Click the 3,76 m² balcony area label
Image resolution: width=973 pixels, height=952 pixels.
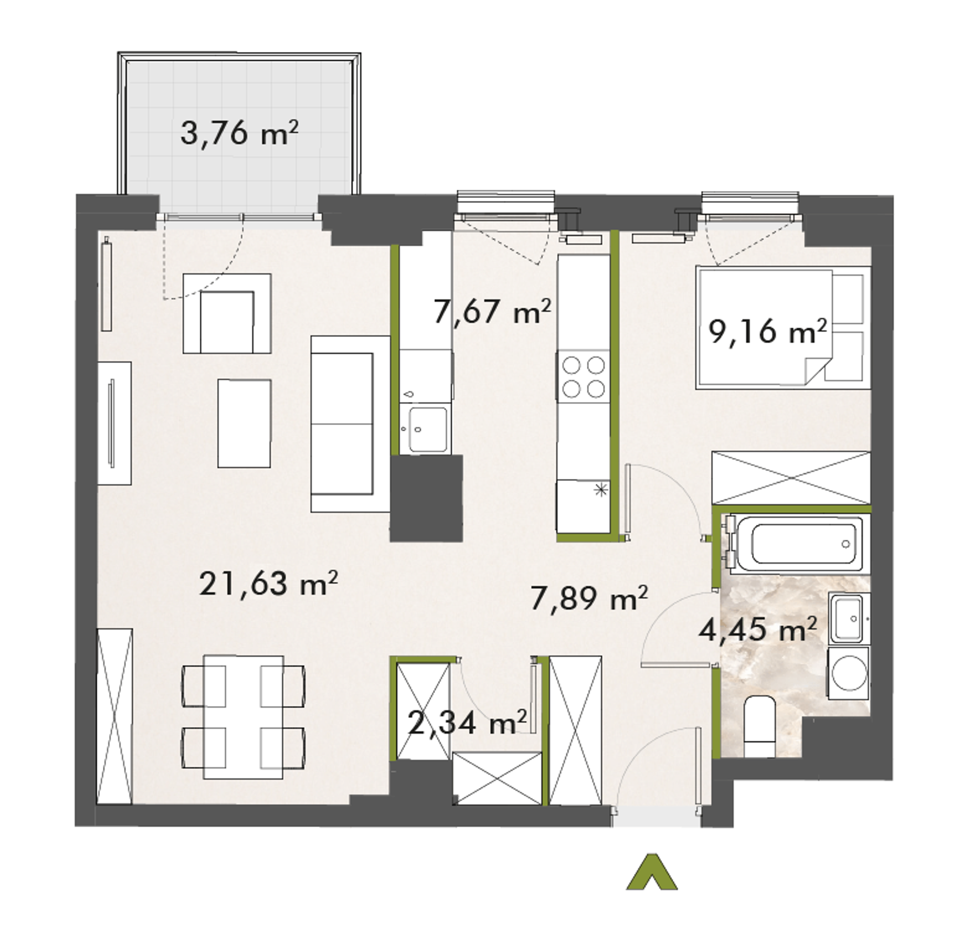[x=239, y=134]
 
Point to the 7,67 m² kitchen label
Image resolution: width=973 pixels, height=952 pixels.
[x=492, y=311]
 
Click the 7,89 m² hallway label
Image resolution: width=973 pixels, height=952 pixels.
[x=589, y=598]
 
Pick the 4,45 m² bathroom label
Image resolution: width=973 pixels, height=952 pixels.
[x=757, y=629]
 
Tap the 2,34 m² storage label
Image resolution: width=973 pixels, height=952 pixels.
[x=467, y=723]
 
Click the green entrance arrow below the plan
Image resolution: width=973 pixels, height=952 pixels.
[x=651, y=871]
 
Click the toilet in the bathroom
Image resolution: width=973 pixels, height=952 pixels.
[x=759, y=726]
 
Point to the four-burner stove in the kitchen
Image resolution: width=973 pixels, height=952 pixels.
[x=583, y=377]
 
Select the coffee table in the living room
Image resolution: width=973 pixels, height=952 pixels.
[x=244, y=424]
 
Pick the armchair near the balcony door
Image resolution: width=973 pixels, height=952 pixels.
[x=227, y=313]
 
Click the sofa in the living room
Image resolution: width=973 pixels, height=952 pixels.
[x=350, y=424]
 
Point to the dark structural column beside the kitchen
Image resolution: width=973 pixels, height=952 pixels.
[x=426, y=498]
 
